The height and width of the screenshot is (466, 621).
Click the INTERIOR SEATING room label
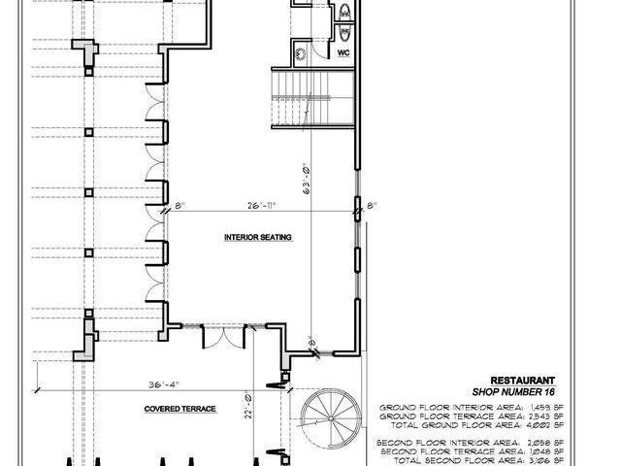coord(258,237)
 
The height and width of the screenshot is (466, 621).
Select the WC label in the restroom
coord(343,53)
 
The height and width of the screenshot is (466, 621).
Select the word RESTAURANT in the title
coord(522,381)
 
